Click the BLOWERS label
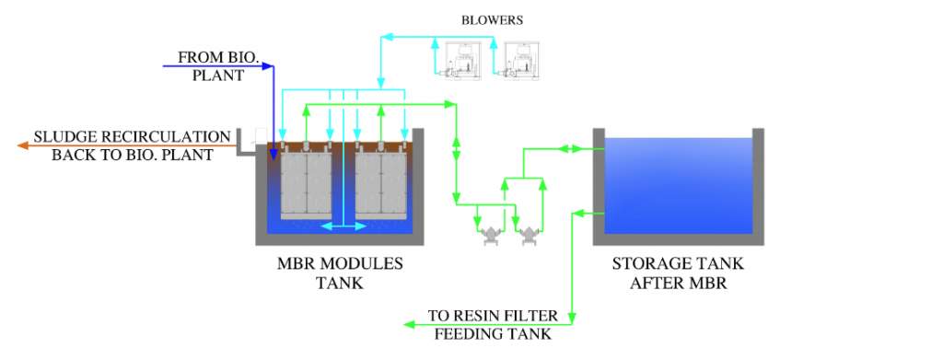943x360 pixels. [492, 20]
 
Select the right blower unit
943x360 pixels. [519, 59]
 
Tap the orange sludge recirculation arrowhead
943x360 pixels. [24, 145]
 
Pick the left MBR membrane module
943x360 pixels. [307, 184]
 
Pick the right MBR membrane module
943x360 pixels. [381, 184]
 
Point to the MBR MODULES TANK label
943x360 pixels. [340, 273]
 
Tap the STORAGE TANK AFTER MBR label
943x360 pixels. [679, 273]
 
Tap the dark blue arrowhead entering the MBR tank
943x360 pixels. [273, 146]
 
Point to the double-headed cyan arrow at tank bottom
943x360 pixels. [343, 226]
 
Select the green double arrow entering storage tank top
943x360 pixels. [569, 148]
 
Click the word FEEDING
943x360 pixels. [465, 334]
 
